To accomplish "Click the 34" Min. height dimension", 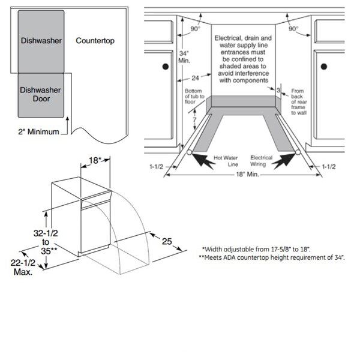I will tap(185, 58).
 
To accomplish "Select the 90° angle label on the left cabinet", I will tap(195, 29).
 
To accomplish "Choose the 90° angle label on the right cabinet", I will tap(293, 29).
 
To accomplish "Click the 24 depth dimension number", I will tap(194, 77).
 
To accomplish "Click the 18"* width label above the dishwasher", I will tap(94, 161).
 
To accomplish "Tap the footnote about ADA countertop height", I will tap(275, 257).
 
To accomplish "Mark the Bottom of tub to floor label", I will tap(193, 96).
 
